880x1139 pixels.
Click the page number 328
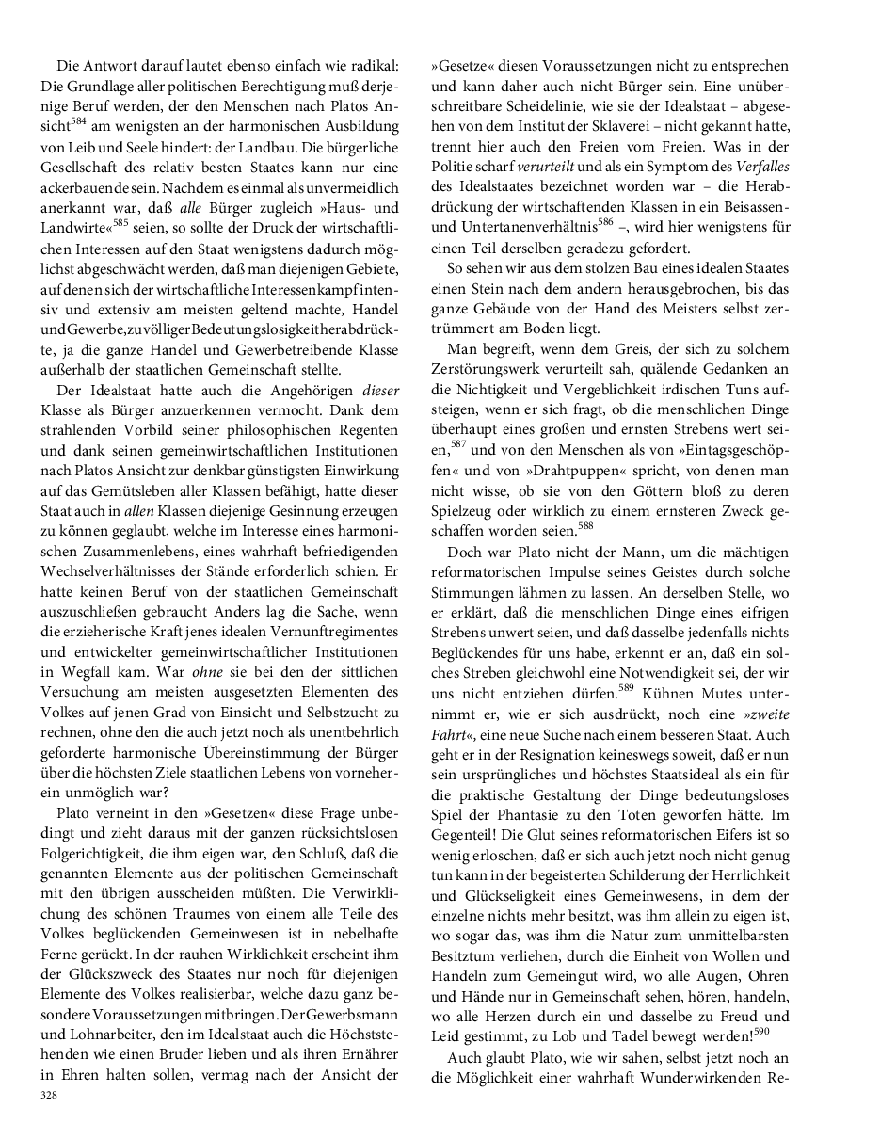49,1094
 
